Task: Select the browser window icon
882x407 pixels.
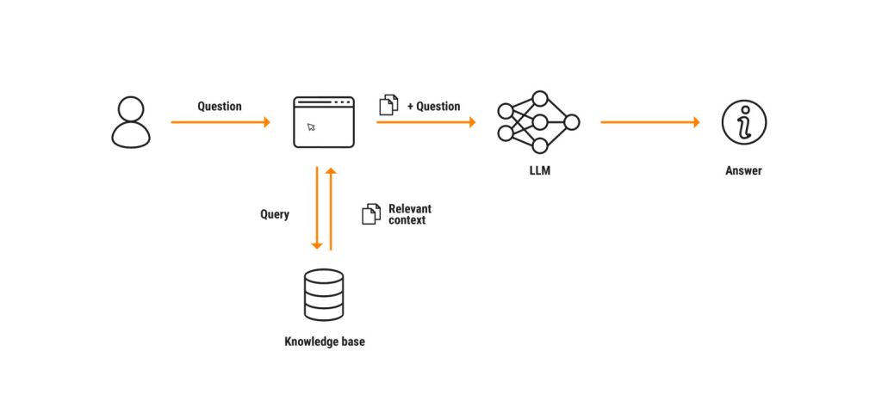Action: point(324,121)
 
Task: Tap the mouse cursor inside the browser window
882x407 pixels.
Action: point(311,127)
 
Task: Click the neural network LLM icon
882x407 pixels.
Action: point(538,121)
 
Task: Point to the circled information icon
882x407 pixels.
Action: point(743,121)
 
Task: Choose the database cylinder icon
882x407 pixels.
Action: point(324,294)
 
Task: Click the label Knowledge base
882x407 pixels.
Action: point(324,342)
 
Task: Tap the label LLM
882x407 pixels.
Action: point(539,171)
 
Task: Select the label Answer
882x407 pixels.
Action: point(743,171)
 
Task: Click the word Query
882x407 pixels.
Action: point(275,213)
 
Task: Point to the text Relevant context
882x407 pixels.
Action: point(409,214)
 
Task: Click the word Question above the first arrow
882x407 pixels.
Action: point(220,106)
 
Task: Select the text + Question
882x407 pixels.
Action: point(433,106)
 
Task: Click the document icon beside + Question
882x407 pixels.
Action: point(388,106)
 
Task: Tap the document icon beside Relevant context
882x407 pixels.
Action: point(370,214)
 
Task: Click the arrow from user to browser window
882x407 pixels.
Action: point(220,122)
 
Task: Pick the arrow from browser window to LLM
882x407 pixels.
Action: point(425,122)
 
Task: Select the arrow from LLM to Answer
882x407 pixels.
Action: point(650,122)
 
